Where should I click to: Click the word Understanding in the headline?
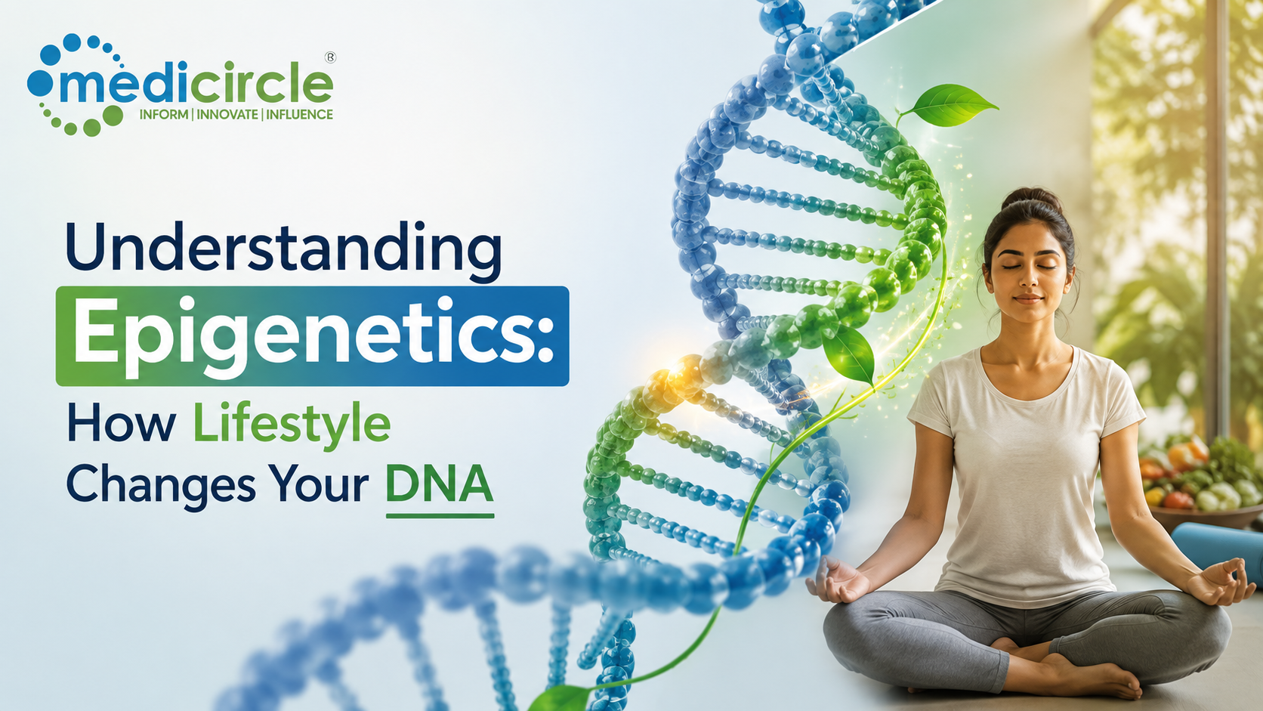click(283, 249)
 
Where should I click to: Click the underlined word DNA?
click(439, 484)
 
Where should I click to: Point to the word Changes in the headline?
click(161, 485)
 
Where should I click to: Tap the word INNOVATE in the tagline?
click(227, 114)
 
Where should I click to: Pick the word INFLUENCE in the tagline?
click(299, 114)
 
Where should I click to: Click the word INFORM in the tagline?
click(163, 114)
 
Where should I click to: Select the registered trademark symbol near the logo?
click(330, 57)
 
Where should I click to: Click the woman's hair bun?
click(1031, 199)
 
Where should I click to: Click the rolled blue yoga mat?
click(1218, 547)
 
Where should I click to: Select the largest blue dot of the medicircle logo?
click(39, 83)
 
